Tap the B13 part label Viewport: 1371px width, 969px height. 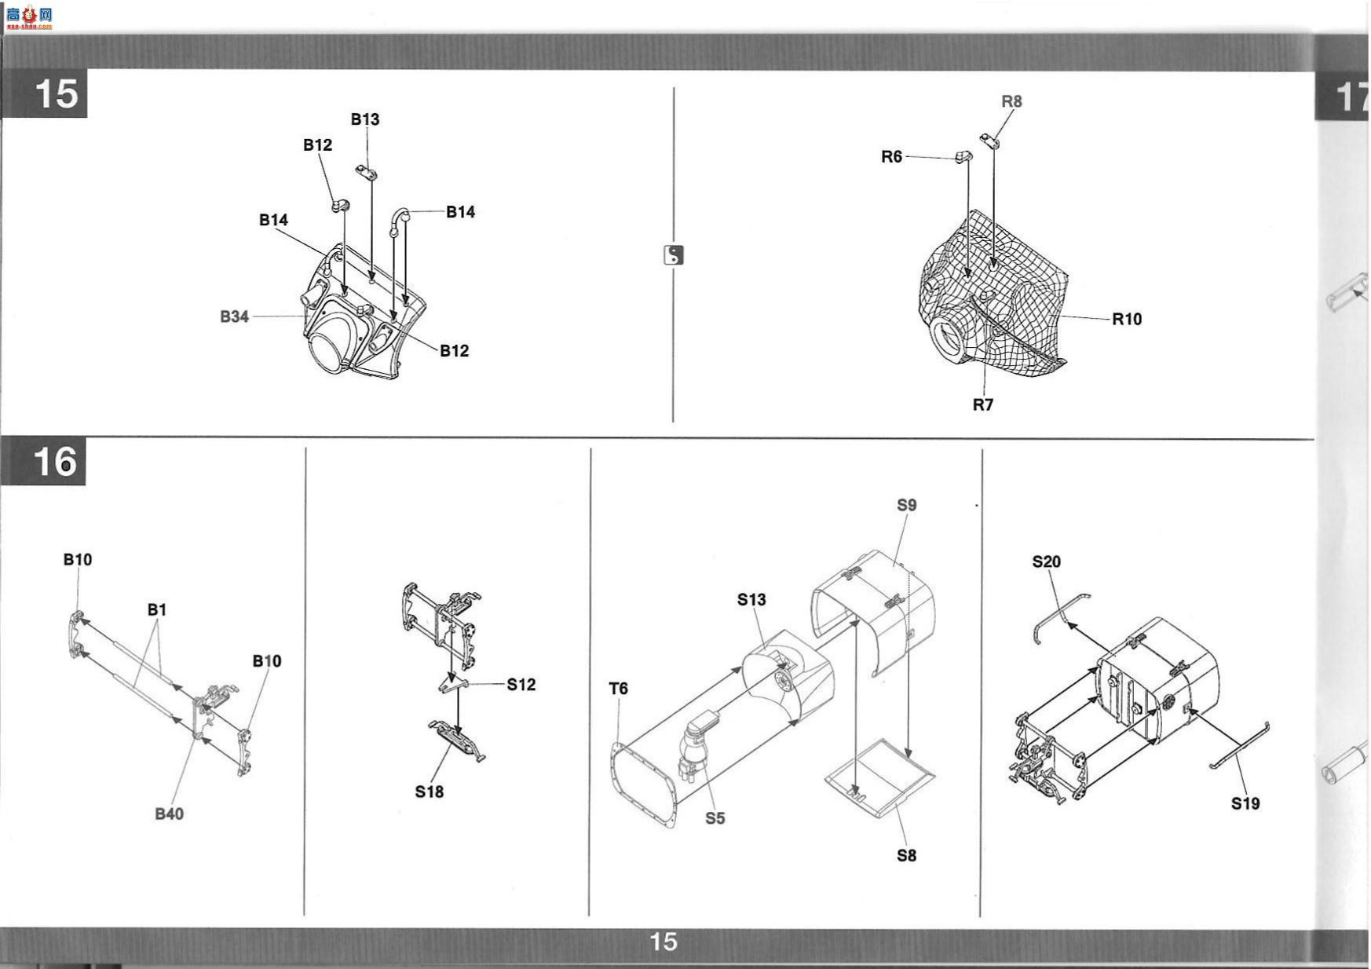tap(365, 119)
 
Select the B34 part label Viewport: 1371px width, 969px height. tap(234, 316)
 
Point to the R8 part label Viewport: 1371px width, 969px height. tap(1012, 101)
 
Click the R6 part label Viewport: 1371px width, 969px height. tap(891, 157)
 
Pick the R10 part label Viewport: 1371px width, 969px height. tap(1127, 319)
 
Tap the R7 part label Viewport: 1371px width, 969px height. tap(983, 404)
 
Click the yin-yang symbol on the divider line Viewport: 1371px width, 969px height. tap(674, 254)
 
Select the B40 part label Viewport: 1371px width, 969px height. tap(169, 814)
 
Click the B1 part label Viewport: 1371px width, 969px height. tap(157, 609)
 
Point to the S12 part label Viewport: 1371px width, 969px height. tap(521, 685)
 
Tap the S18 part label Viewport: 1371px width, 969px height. tap(430, 792)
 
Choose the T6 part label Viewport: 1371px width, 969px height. tap(619, 689)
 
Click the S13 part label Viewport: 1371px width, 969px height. tap(751, 599)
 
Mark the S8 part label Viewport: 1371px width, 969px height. tap(907, 855)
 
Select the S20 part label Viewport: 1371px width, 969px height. tap(1047, 561)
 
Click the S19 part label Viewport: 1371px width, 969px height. tap(1245, 803)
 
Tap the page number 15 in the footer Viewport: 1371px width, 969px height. tap(664, 942)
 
